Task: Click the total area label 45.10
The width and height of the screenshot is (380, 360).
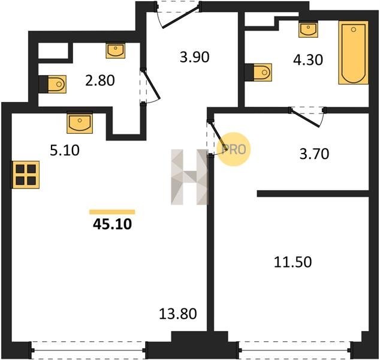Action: click(112, 224)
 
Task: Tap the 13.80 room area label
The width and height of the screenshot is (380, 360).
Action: click(177, 314)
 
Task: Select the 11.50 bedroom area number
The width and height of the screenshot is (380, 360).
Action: click(292, 262)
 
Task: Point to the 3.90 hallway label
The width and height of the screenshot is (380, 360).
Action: click(195, 58)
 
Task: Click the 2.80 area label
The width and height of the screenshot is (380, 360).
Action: click(100, 80)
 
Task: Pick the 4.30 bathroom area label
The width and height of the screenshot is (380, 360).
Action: click(308, 59)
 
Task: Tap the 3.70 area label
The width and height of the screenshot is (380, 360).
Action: click(314, 154)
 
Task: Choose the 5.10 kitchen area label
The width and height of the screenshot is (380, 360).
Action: click(65, 151)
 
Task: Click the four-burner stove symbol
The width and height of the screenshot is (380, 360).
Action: click(26, 175)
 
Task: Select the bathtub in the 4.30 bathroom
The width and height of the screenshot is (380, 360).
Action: click(354, 52)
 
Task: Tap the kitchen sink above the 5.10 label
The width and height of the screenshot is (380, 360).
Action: click(80, 122)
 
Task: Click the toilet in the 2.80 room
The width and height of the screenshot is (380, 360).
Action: click(55, 84)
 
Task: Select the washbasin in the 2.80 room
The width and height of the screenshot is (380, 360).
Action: click(116, 51)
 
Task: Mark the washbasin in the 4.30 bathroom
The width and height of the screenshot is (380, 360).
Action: click(308, 30)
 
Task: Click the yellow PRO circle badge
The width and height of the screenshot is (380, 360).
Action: click(234, 149)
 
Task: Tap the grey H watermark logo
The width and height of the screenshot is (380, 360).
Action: click(189, 177)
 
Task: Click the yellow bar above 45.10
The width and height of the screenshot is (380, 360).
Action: click(112, 212)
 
